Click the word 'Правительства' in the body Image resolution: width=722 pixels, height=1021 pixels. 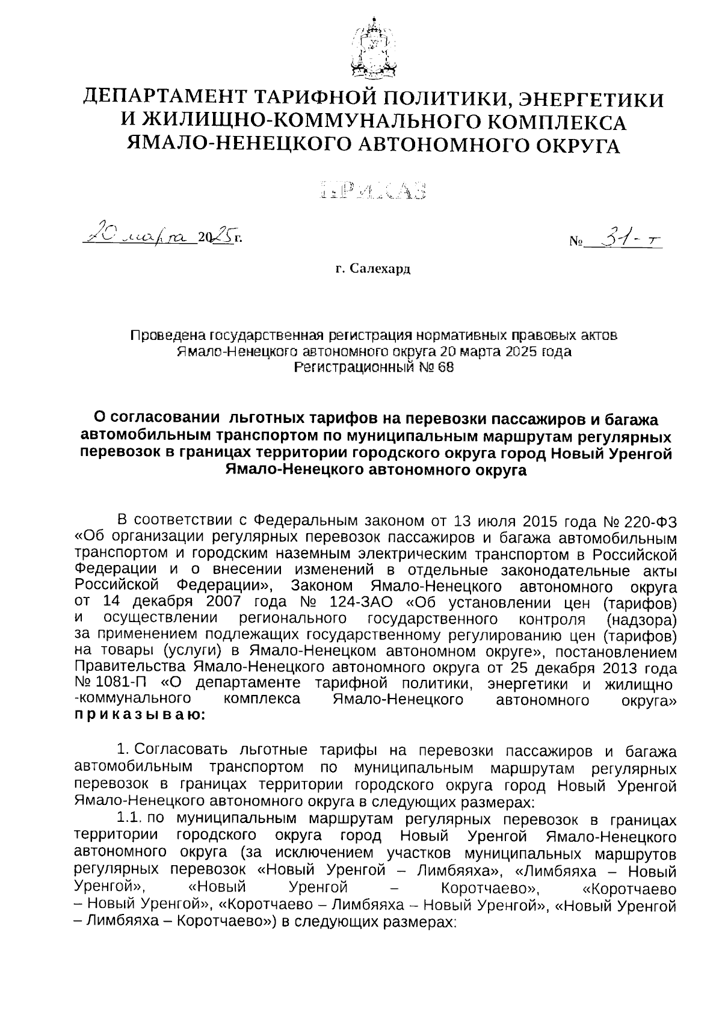[x=130, y=668]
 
